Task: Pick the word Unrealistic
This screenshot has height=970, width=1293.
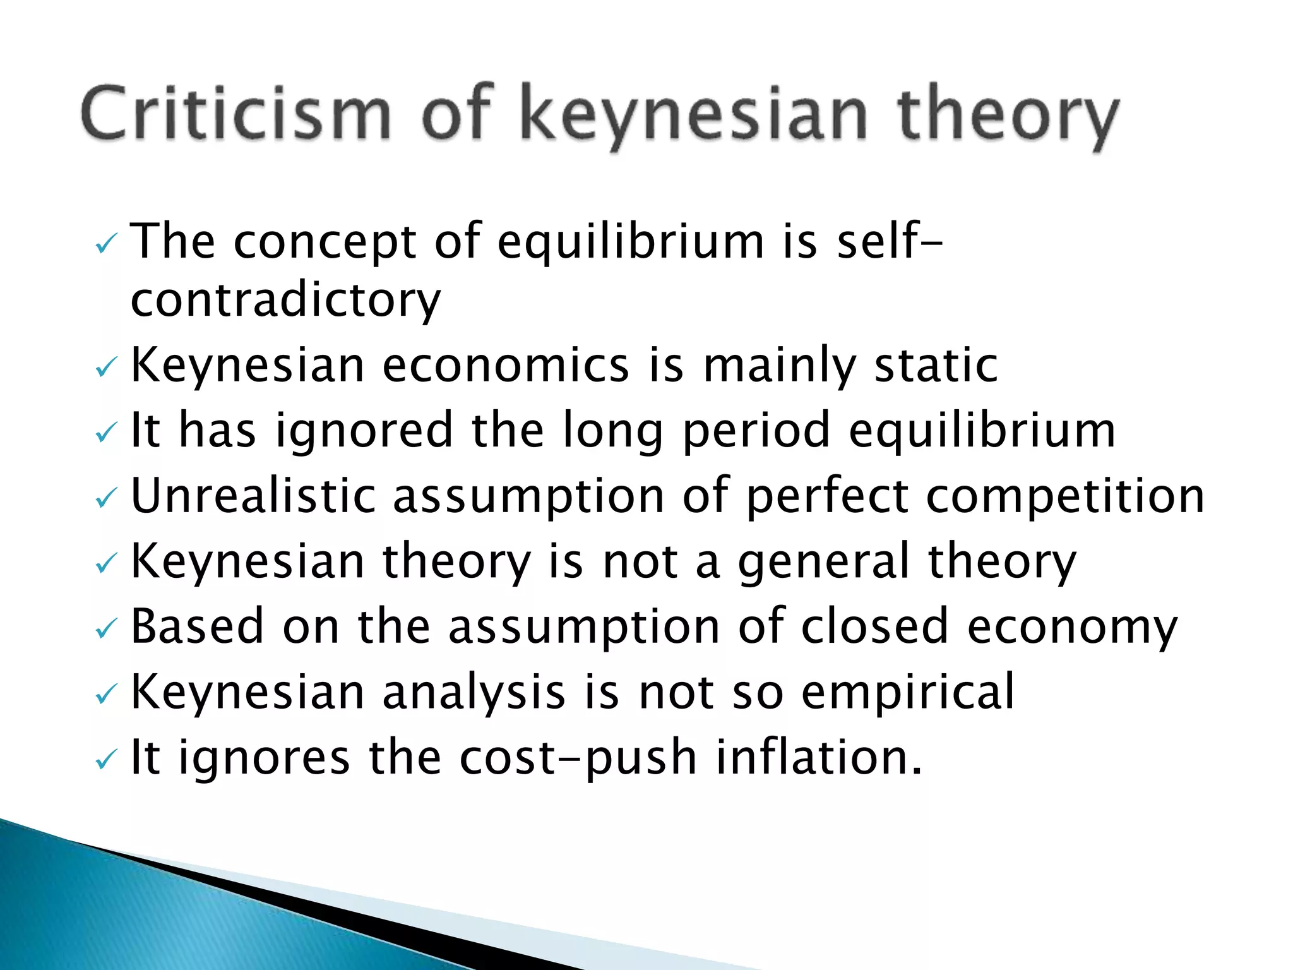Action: (x=253, y=496)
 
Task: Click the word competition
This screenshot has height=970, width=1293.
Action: (x=1065, y=497)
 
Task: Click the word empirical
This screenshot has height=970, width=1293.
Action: (x=908, y=692)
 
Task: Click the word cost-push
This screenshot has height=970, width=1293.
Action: (x=578, y=758)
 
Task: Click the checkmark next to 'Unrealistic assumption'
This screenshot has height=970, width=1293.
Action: (x=105, y=500)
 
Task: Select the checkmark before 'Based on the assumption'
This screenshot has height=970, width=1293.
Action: (x=105, y=629)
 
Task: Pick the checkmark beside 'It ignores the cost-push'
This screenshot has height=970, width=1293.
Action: (x=105, y=760)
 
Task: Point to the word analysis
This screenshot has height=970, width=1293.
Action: (x=474, y=692)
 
